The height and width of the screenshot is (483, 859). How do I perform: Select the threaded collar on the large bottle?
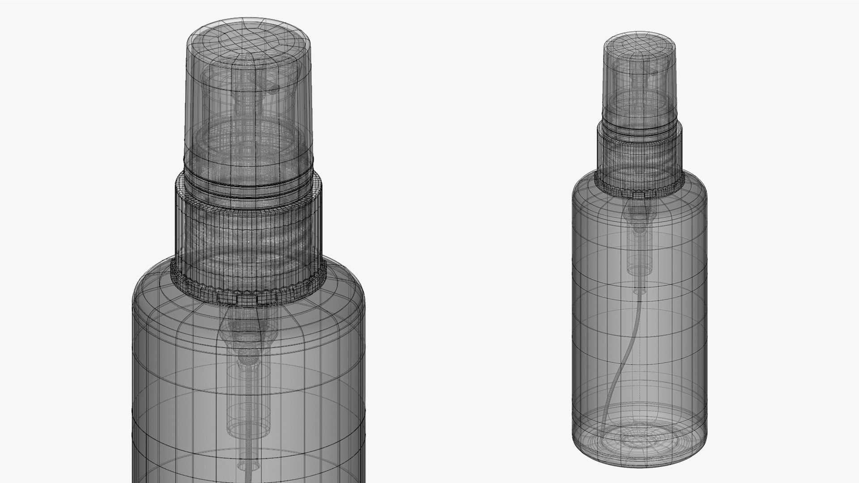pyautogui.click(x=248, y=233)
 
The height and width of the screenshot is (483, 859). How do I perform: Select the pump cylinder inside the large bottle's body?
pyautogui.click(x=248, y=389)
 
